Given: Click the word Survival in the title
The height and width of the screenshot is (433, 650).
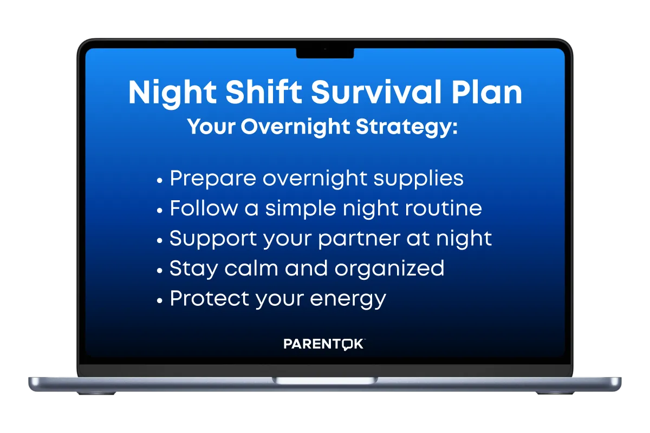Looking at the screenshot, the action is [x=376, y=92].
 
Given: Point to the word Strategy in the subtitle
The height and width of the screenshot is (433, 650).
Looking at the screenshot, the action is [x=407, y=127].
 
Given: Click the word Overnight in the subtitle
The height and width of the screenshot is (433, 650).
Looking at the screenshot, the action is [x=295, y=127].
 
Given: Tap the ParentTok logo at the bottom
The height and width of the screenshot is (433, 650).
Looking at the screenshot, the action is [x=324, y=344].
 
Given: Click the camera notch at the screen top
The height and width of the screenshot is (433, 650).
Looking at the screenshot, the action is [x=325, y=53].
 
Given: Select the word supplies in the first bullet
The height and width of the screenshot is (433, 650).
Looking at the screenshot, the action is [x=418, y=179].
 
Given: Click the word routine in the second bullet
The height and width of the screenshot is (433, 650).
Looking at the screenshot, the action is [x=444, y=208].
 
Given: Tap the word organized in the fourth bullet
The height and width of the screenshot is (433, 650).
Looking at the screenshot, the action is [x=389, y=269].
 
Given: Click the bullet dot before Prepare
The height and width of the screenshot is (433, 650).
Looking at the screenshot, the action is [x=159, y=180].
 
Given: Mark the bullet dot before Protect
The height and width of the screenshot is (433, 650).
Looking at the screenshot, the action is [x=159, y=300].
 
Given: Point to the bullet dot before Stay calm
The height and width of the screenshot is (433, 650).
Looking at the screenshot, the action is [x=159, y=271].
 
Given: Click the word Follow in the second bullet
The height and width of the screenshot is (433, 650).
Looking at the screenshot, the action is [x=204, y=208].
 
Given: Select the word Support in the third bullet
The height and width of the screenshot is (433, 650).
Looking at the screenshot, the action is [x=213, y=239].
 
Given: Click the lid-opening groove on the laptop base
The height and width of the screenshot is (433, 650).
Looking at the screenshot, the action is [x=325, y=380].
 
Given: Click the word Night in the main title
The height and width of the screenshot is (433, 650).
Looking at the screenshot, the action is [x=172, y=93].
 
